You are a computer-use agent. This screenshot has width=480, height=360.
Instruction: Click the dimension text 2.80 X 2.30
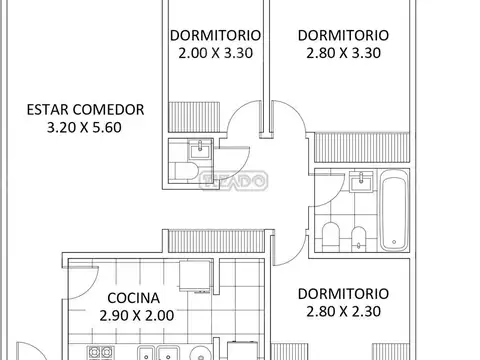coord(343,313)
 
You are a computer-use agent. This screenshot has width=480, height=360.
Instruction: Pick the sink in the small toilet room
coord(201,152)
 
